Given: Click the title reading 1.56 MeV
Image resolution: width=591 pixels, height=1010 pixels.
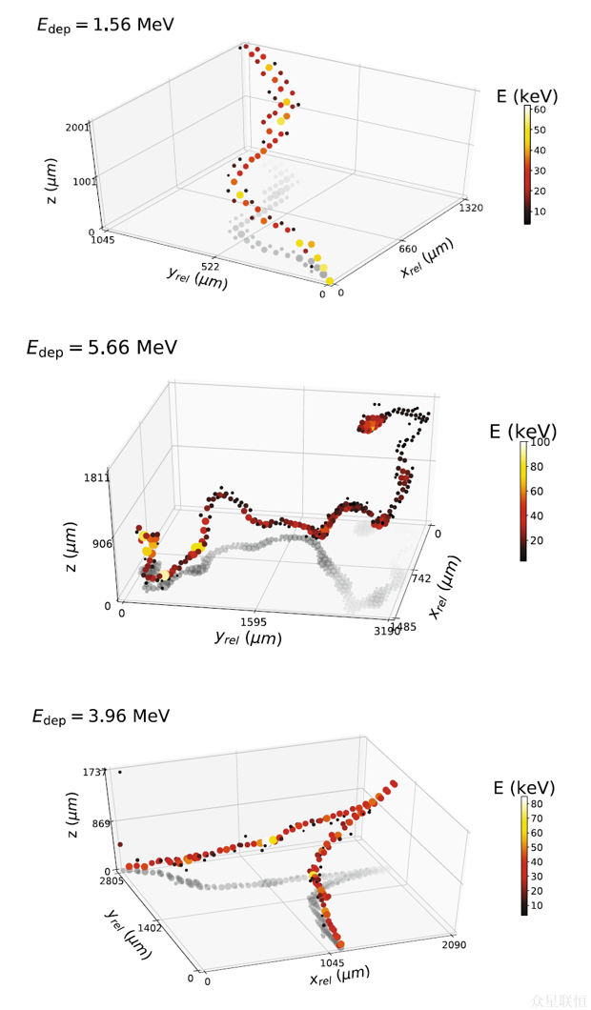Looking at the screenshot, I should click(x=105, y=25).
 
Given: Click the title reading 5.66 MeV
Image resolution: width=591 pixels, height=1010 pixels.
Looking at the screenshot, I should click(x=101, y=348).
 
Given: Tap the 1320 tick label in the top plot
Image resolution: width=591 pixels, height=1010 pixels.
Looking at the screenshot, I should click(x=472, y=206).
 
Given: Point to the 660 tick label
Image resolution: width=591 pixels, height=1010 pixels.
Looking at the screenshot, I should click(x=408, y=250).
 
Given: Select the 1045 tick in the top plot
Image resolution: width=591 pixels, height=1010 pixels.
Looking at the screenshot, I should click(x=101, y=240).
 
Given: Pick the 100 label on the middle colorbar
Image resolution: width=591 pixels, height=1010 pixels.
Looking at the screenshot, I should click(x=541, y=443).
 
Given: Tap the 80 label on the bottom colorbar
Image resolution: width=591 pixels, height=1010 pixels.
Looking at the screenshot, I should click(x=538, y=803).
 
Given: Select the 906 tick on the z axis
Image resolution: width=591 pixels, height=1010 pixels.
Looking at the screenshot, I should click(x=102, y=544).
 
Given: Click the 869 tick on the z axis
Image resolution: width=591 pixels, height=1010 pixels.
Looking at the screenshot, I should click(x=101, y=822).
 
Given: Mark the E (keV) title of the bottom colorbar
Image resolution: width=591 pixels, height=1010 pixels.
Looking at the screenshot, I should click(x=523, y=788).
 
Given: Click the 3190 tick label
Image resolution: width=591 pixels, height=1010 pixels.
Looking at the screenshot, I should click(x=386, y=631).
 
